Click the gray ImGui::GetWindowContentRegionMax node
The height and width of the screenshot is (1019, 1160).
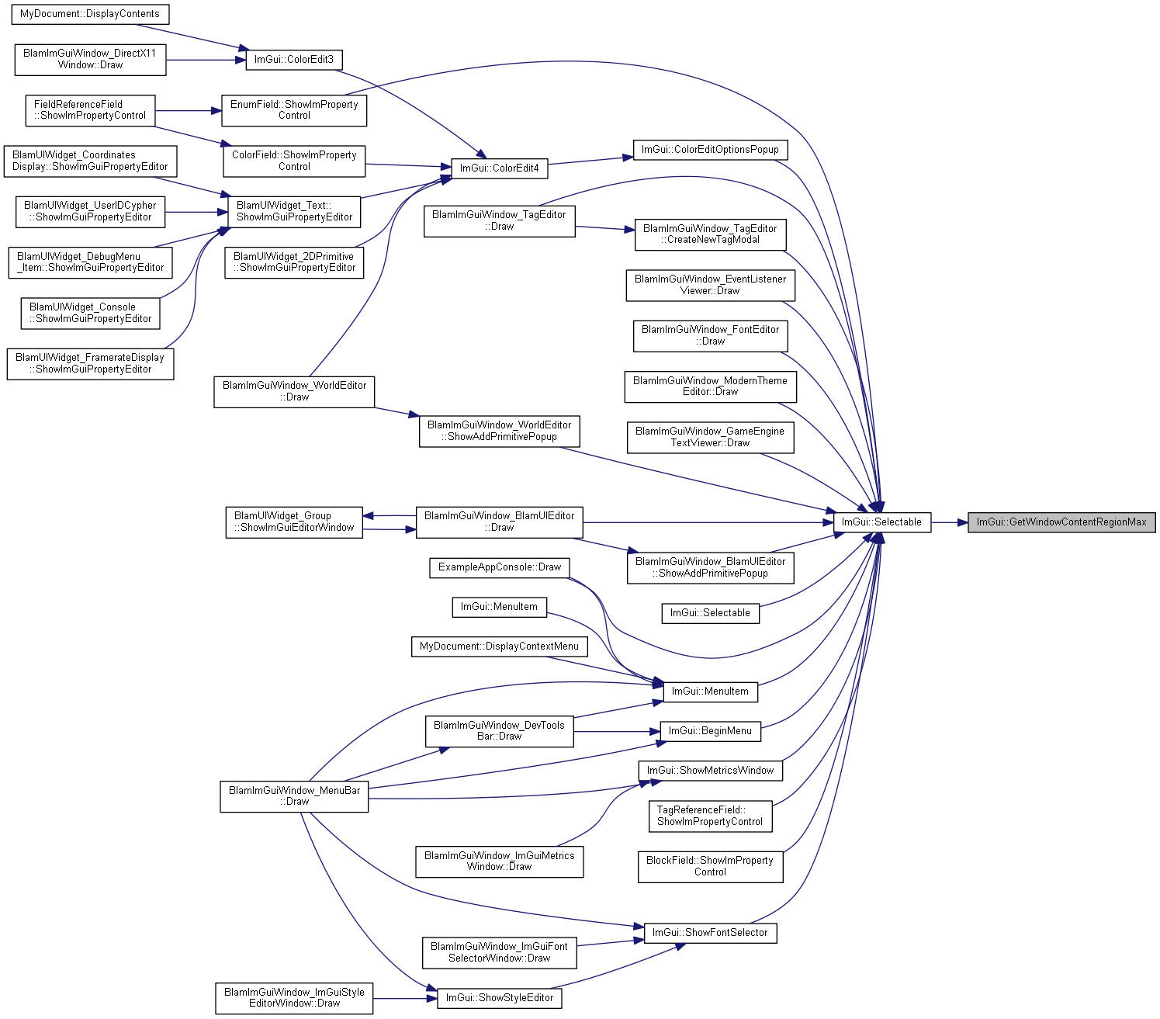(x=1061, y=522)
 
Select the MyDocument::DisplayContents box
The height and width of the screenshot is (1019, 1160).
(x=90, y=14)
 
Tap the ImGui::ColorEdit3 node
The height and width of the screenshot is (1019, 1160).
(x=294, y=60)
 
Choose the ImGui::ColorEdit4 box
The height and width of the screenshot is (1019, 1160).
(x=499, y=168)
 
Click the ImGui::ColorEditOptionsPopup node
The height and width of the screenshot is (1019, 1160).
(x=710, y=150)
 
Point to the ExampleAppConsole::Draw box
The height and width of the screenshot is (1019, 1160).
(x=499, y=567)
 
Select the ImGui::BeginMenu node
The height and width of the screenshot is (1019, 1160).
(x=710, y=730)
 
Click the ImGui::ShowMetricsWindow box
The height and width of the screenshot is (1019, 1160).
(x=710, y=770)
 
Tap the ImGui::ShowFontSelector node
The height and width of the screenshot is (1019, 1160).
(x=710, y=933)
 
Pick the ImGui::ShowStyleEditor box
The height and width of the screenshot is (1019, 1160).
(x=499, y=998)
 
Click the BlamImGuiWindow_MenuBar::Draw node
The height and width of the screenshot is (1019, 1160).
(x=294, y=796)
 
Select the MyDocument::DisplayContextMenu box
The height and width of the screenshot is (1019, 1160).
(x=499, y=646)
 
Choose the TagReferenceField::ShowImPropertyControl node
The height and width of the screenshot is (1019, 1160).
(x=710, y=816)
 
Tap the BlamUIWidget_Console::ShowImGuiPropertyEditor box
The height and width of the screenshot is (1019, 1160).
(x=91, y=314)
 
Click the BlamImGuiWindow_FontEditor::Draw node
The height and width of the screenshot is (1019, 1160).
(x=710, y=336)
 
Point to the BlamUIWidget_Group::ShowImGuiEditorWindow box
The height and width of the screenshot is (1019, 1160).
(x=294, y=522)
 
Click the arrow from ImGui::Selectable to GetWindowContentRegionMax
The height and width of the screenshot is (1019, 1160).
(x=949, y=522)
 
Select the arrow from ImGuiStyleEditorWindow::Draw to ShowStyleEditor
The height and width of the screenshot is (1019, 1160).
(x=405, y=998)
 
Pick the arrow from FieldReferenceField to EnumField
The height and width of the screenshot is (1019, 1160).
(x=188, y=111)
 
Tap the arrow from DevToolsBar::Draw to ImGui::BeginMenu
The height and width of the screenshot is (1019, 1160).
(x=617, y=731)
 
